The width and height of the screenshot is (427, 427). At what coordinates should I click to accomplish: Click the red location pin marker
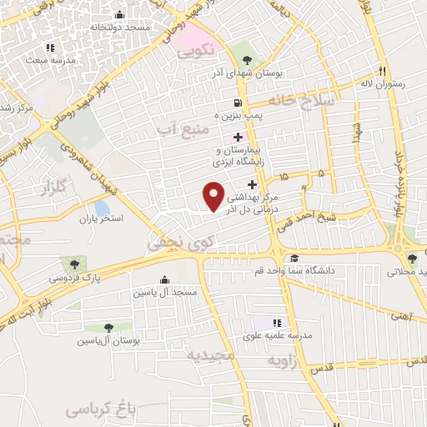[x=214, y=197]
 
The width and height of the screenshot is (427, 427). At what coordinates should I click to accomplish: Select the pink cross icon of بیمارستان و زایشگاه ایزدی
[x=239, y=136]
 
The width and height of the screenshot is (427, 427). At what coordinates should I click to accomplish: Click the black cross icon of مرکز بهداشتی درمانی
[x=252, y=183]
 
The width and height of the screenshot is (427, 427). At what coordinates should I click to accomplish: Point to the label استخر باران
[x=101, y=219]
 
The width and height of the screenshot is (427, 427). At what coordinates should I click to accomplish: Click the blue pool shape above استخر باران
[x=101, y=206]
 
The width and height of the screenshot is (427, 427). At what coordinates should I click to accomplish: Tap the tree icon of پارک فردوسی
[x=89, y=264]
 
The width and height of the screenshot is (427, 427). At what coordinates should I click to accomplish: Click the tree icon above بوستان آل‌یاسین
[x=109, y=329]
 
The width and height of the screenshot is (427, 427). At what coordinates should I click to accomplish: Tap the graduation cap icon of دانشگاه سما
[x=294, y=259]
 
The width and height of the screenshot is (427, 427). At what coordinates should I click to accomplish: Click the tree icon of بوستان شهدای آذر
[x=248, y=58]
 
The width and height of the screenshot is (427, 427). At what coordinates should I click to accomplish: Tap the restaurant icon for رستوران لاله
[x=383, y=71]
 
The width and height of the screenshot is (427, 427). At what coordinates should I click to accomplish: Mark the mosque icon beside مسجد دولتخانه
[x=120, y=14]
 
